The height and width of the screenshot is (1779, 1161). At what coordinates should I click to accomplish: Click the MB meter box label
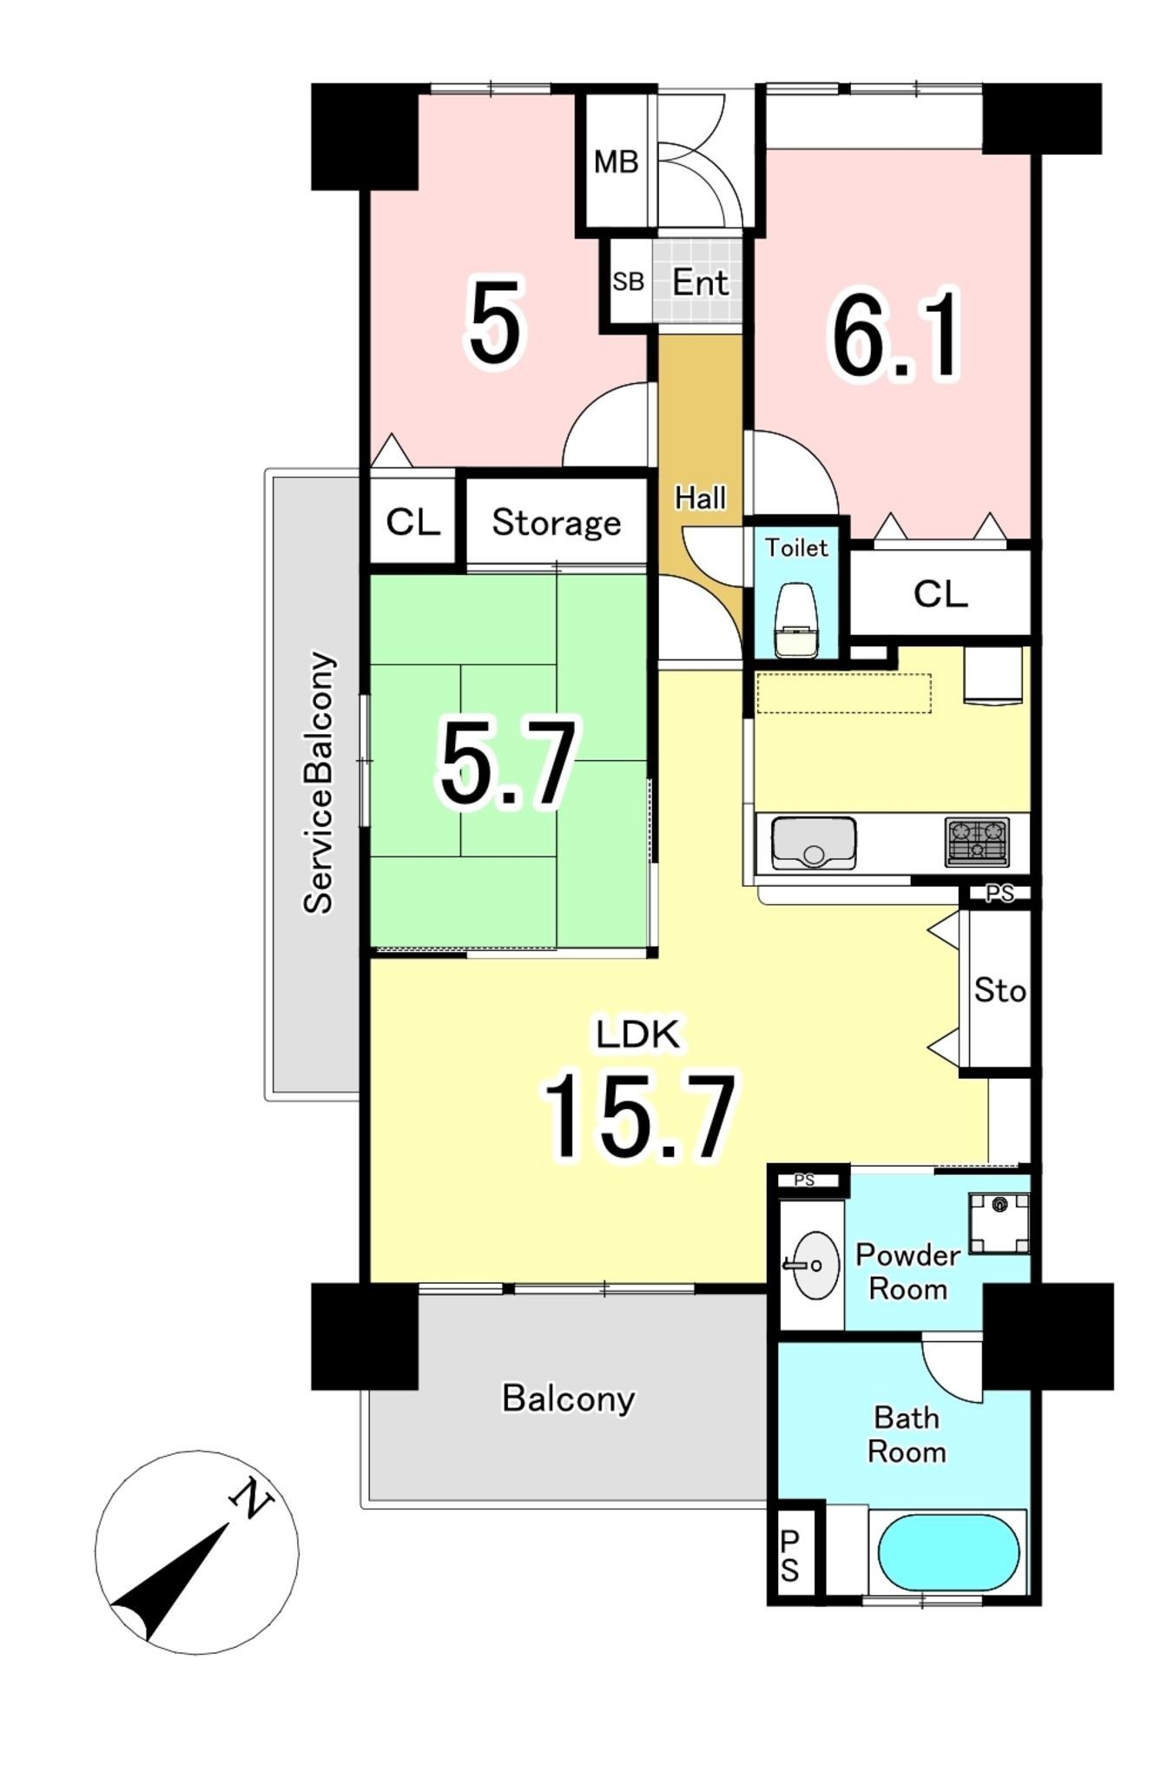[x=616, y=162]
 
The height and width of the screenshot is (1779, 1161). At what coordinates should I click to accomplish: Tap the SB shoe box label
[x=628, y=281]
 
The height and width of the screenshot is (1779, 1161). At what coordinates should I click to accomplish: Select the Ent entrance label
[x=700, y=282]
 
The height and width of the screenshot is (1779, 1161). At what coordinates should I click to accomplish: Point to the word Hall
[x=700, y=498]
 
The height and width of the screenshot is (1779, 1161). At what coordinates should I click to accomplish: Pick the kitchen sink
[x=813, y=843]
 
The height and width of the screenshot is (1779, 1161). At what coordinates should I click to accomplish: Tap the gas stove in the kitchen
[x=977, y=842]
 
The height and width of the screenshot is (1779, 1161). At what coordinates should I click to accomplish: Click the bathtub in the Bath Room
[x=948, y=1553]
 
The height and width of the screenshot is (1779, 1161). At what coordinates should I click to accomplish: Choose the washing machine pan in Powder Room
[x=999, y=1224]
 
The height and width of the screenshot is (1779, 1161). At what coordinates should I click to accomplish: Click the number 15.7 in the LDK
[x=639, y=1118]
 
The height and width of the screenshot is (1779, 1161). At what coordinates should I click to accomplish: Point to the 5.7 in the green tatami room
[x=507, y=764]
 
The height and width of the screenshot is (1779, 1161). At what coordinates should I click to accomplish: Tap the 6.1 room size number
[x=896, y=335]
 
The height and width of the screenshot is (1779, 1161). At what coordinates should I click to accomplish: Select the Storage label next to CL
[x=557, y=522]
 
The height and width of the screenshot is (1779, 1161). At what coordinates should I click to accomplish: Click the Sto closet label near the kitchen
[x=999, y=989]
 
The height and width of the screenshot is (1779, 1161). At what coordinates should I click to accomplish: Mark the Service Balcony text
[x=318, y=782]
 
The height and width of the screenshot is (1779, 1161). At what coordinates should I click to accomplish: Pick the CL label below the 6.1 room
[x=940, y=594]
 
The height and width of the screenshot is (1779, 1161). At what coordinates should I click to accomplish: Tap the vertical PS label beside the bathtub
[x=789, y=1556]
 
